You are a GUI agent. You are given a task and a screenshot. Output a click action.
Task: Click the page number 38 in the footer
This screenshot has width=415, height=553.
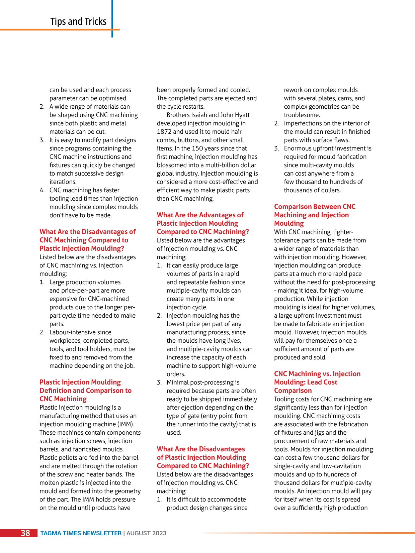pyautogui.click(x=25, y=533)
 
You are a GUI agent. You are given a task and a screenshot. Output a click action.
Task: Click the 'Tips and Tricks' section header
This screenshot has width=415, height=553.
pyautogui.click(x=78, y=21)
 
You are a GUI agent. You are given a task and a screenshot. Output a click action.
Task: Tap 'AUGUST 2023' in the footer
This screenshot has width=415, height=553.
pyautogui.click(x=146, y=533)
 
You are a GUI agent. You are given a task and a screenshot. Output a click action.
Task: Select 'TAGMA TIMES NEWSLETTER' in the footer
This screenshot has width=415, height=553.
pyautogui.click(x=81, y=533)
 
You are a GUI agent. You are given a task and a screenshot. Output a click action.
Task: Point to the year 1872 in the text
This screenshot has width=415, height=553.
pyautogui.click(x=164, y=132)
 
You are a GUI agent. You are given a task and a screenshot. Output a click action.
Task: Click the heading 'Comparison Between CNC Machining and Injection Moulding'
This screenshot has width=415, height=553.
pyautogui.click(x=315, y=215)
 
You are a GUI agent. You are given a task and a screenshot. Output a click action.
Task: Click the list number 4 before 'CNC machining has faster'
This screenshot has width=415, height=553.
pyautogui.click(x=42, y=190)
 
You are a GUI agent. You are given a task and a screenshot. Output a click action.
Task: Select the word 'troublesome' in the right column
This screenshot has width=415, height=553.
pyautogui.click(x=302, y=115)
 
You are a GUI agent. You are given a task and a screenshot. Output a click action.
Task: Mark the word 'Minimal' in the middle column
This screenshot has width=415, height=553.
pyautogui.click(x=178, y=382)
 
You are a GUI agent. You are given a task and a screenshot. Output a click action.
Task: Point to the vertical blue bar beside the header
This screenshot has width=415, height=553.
pyautogui.click(x=112, y=18)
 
